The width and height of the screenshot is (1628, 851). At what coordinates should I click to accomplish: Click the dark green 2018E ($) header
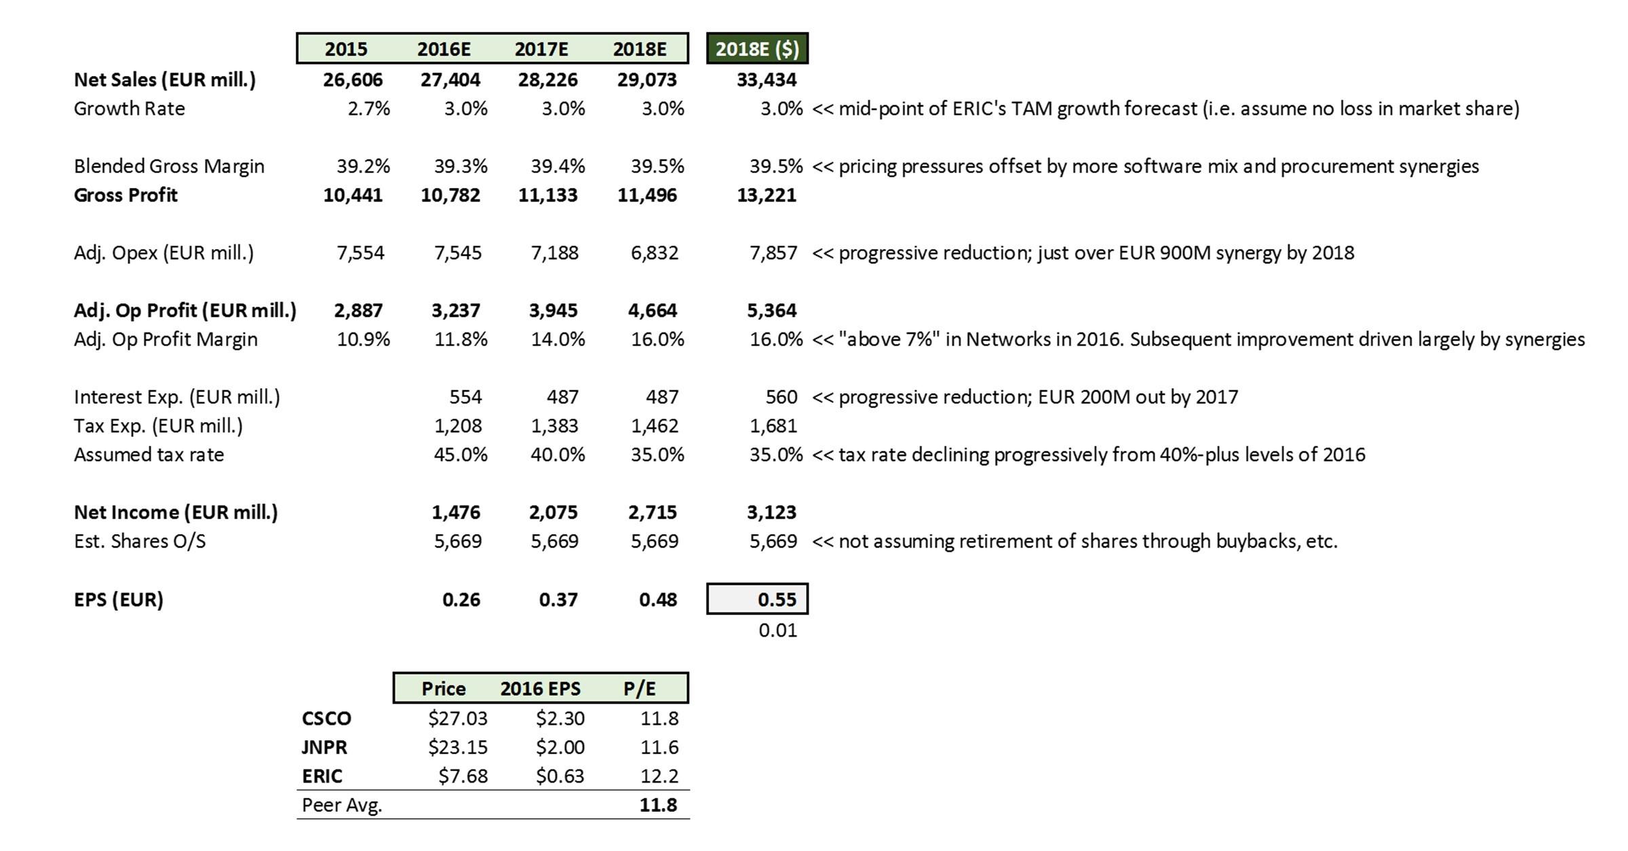click(x=757, y=49)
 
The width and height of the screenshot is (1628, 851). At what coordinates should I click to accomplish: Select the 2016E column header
click(x=444, y=49)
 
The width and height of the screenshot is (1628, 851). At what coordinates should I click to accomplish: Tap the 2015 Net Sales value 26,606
click(x=353, y=80)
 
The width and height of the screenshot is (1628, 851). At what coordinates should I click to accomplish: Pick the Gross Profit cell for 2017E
click(x=547, y=195)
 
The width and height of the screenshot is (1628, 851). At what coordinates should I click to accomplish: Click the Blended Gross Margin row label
click(x=169, y=166)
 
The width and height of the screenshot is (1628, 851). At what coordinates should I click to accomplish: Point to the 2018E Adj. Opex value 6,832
click(x=655, y=253)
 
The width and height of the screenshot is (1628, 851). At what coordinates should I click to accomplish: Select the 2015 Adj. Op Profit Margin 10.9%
click(x=364, y=339)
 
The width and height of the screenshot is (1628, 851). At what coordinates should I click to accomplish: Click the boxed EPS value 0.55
click(x=777, y=599)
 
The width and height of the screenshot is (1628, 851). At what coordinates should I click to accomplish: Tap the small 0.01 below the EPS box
click(x=777, y=630)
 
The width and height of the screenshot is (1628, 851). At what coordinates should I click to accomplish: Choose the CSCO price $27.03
click(x=457, y=718)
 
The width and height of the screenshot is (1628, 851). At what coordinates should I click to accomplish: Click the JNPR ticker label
click(x=324, y=747)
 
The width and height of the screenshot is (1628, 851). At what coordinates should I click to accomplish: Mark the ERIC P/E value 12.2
click(x=659, y=776)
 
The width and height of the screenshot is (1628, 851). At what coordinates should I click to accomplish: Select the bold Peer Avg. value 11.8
click(x=658, y=805)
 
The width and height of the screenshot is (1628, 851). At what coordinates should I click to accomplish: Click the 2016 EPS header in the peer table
click(x=540, y=689)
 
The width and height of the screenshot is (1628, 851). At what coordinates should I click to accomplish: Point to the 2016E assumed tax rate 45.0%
click(x=461, y=455)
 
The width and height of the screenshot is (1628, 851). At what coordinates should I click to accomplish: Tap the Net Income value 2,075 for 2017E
click(x=553, y=512)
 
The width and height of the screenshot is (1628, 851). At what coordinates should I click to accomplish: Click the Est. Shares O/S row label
click(x=140, y=542)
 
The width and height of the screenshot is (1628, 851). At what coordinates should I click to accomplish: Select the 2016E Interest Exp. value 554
click(x=465, y=397)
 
